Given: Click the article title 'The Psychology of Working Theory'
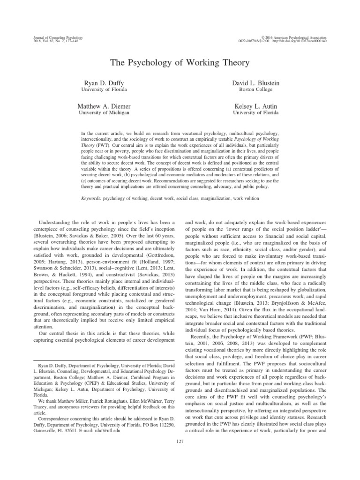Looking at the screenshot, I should click(x=180, y=63).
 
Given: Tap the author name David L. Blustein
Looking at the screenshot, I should click(x=256, y=83).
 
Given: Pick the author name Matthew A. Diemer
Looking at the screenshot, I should click(x=104, y=107).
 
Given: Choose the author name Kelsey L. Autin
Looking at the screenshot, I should click(x=256, y=107).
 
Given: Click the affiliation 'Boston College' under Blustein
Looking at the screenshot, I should click(x=256, y=90).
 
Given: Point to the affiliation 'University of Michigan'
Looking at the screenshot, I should click(x=104, y=113).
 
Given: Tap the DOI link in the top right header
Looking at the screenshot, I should click(x=307, y=41).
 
